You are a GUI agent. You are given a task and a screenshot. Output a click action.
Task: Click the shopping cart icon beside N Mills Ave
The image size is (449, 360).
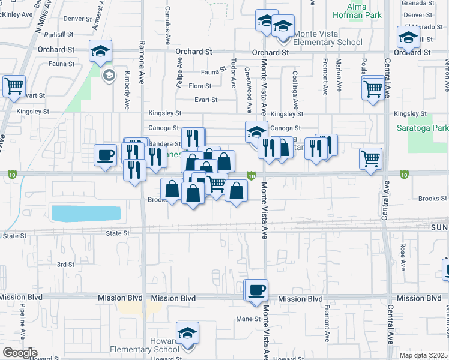(x=13, y=86)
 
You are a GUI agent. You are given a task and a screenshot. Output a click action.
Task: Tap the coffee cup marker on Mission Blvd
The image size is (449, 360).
(x=257, y=290)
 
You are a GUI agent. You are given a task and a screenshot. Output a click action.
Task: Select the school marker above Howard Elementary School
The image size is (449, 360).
(x=187, y=334)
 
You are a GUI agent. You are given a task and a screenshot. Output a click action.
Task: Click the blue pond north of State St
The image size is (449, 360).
(x=86, y=213)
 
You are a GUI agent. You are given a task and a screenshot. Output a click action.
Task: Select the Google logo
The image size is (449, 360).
(x=19, y=353)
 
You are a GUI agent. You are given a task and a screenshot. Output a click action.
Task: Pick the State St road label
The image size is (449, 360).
(x=117, y=233)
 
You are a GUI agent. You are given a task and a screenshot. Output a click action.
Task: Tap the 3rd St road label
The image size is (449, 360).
(x=65, y=264)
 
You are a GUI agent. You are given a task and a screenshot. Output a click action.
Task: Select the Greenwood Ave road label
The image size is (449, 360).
(x=248, y=89)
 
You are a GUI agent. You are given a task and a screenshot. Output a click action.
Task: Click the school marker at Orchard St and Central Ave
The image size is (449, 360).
(x=408, y=38)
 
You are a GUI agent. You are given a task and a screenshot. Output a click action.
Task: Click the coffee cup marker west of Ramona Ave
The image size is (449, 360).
(x=106, y=155)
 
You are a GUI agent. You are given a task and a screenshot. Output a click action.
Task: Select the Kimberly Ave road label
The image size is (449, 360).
(x=127, y=91)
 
